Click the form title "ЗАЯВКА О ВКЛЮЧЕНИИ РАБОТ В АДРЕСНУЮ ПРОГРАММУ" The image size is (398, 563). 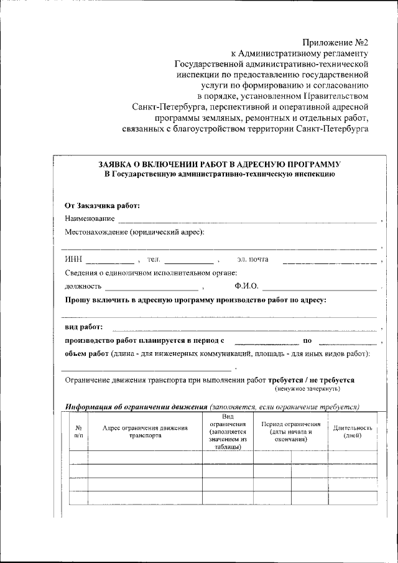(x=219, y=164)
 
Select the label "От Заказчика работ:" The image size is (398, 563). (x=102, y=205)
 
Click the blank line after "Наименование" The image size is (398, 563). (x=248, y=220)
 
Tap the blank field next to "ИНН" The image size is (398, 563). (x=109, y=261)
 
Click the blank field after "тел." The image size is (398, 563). (x=188, y=261)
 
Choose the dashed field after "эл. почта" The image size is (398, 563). (x=329, y=261)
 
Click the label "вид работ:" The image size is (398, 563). (x=84, y=327)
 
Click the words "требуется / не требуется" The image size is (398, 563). (x=312, y=379)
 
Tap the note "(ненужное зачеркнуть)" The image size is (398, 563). (x=307, y=388)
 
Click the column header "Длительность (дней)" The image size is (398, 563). (x=352, y=431)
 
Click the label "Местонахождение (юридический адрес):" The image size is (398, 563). (x=134, y=232)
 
